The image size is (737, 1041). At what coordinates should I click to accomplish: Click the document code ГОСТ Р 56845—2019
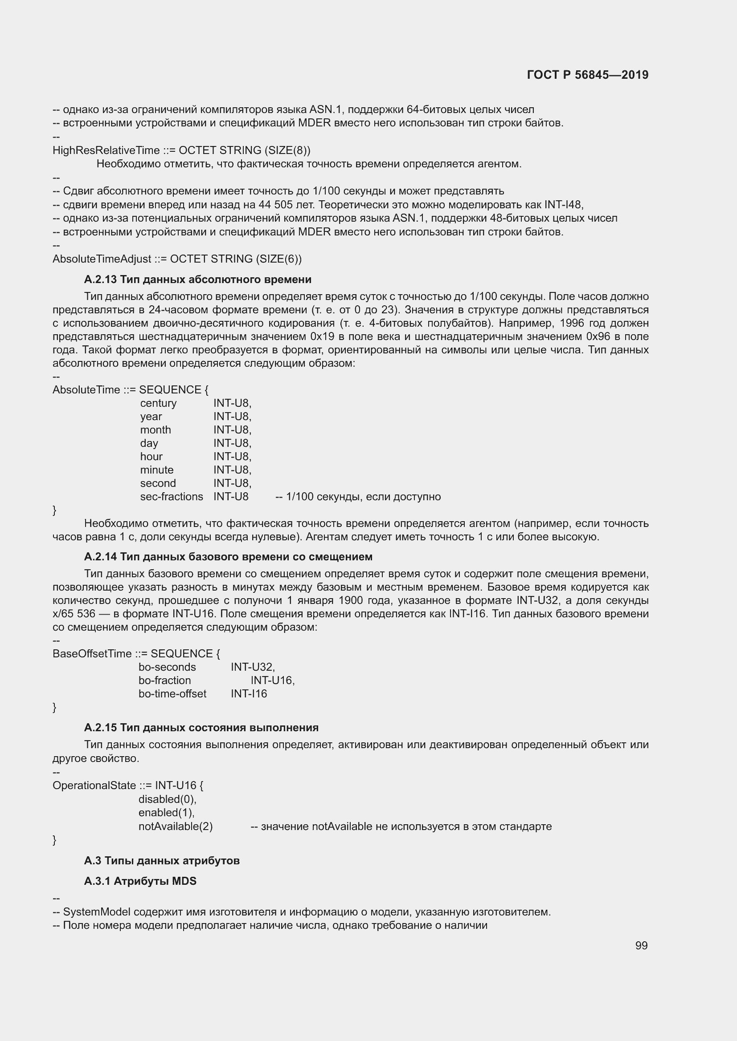coord(587,75)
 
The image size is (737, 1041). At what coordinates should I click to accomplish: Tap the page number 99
coord(641,945)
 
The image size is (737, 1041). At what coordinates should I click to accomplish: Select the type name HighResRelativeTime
coord(106,150)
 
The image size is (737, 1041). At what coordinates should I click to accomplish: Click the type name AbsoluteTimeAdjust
coord(102,259)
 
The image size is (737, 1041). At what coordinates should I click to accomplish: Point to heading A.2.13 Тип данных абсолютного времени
coord(197,279)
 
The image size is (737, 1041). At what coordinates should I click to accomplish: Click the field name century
coord(158,403)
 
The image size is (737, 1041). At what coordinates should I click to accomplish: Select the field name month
coord(155,430)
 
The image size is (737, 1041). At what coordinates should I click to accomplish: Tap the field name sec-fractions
coord(171,497)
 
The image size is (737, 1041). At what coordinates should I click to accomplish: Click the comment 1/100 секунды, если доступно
coord(358,497)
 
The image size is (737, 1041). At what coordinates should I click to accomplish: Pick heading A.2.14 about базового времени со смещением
coord(228,556)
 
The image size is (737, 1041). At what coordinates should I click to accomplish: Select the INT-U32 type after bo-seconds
coord(252,667)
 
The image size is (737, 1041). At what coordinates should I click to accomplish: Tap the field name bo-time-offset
coord(172,694)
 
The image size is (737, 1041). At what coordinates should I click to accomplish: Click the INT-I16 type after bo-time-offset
coord(249,694)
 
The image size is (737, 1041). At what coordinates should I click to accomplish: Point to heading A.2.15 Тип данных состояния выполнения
coord(201,728)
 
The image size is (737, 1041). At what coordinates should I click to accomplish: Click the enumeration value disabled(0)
coord(167,799)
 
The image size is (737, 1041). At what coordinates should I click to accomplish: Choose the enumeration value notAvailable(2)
coord(175,826)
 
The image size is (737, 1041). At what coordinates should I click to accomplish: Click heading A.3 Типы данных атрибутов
coord(162,861)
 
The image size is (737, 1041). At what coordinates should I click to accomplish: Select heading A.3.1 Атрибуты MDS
coord(140,881)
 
